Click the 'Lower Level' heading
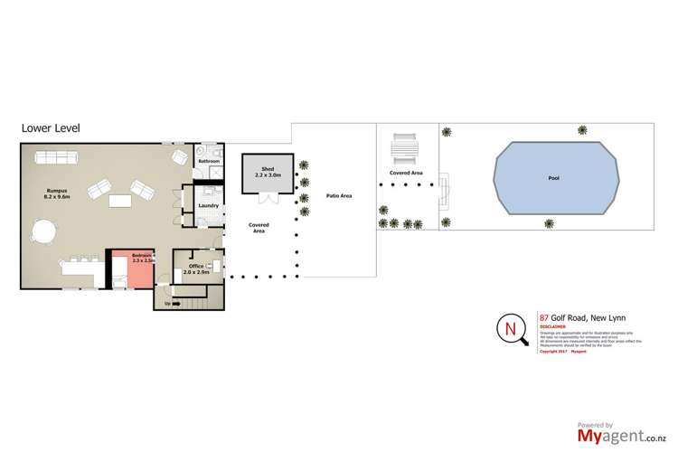(51, 128)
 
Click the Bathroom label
(209, 160)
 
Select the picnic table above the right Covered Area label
(404, 147)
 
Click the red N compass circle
(513, 328)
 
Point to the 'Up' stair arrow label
(167, 303)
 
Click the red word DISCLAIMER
(553, 328)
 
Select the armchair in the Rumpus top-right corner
(179, 157)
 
